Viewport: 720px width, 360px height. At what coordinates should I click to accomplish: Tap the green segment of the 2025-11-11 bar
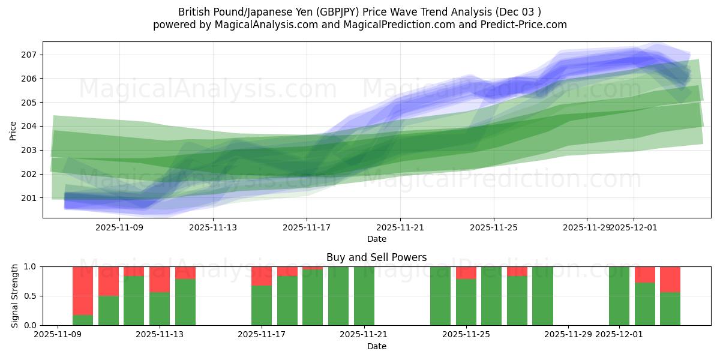tap(109, 310)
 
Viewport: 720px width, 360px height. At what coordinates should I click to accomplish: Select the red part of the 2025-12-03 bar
tap(670, 279)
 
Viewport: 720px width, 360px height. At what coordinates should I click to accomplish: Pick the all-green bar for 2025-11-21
tap(364, 296)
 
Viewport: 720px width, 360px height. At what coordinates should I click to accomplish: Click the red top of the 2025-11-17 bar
tap(262, 276)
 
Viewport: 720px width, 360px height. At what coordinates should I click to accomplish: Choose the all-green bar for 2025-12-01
tap(619, 296)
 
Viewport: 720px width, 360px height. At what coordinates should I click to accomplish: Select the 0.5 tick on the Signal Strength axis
tap(30, 296)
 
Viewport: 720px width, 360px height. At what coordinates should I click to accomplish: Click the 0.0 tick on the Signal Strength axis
tap(30, 325)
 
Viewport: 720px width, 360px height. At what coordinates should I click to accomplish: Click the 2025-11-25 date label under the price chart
tap(494, 227)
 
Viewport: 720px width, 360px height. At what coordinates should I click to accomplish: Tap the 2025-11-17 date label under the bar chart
tap(262, 335)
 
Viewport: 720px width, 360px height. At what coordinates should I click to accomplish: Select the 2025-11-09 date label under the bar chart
tap(58, 335)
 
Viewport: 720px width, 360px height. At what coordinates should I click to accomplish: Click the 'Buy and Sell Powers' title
tap(377, 257)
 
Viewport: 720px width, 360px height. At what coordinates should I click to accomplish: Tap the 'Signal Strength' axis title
tap(16, 296)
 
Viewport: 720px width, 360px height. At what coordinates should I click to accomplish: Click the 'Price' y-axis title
tap(13, 130)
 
